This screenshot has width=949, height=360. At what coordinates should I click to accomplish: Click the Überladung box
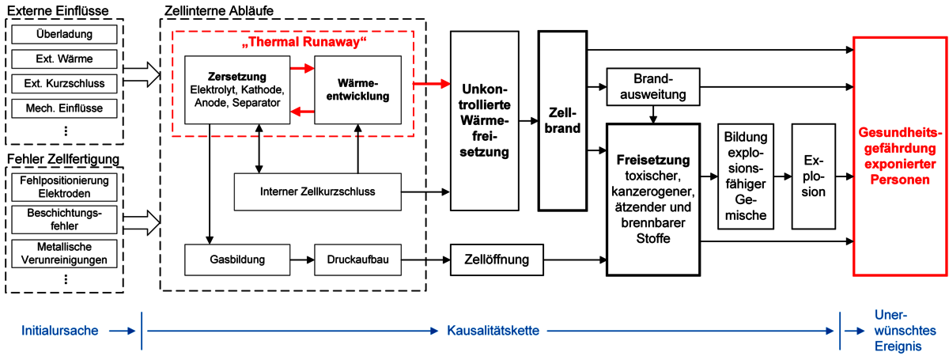click(65, 35)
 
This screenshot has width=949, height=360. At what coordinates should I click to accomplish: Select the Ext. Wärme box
click(65, 59)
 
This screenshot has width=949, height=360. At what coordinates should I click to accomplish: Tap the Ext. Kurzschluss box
click(65, 83)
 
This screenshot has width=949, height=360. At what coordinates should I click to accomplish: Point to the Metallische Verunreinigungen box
click(65, 253)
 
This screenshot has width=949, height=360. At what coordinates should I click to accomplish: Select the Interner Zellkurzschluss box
click(318, 191)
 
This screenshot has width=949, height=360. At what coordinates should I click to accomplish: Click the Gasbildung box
click(237, 259)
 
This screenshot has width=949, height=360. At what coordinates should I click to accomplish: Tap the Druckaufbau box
click(357, 259)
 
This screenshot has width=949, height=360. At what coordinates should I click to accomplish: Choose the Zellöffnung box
click(497, 259)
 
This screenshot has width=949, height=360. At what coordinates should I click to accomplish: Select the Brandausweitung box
click(652, 88)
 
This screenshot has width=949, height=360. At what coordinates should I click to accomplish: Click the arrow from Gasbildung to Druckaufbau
click(302, 259)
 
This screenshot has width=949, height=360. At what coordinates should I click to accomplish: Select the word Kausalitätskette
click(482, 329)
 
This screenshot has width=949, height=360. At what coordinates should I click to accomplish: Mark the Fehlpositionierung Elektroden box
click(65, 186)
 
